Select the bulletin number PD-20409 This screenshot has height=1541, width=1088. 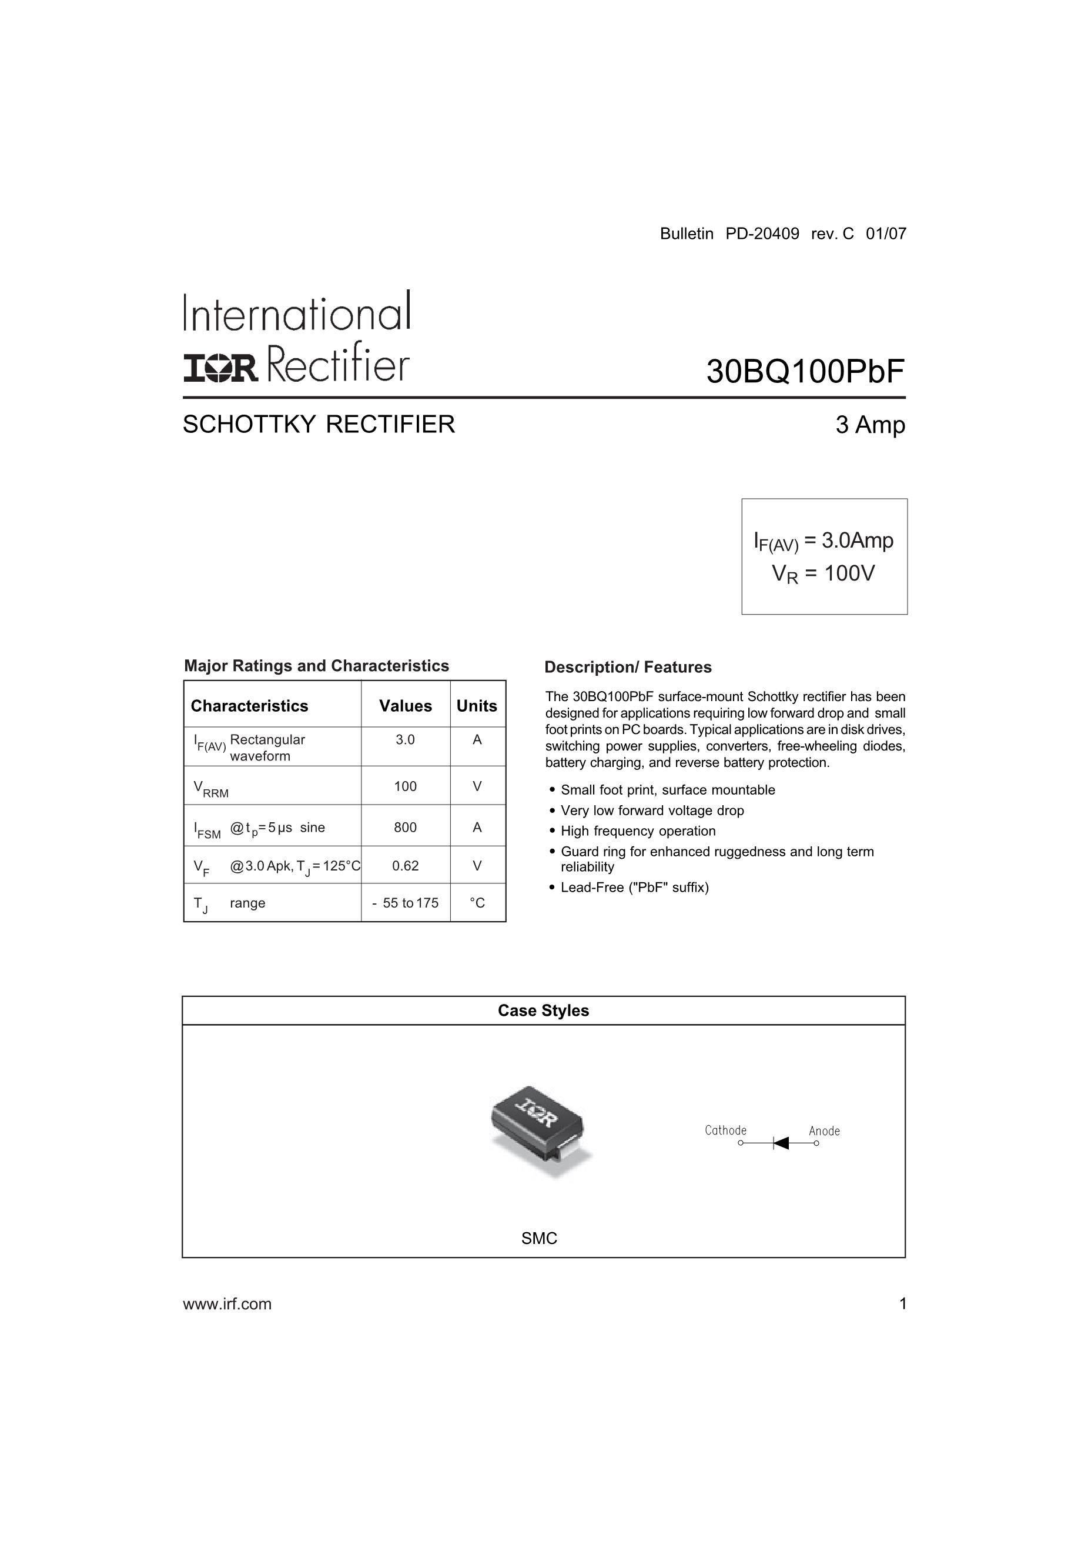coord(762,234)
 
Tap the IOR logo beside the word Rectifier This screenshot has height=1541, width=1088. coord(220,368)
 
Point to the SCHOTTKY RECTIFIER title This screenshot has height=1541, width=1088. coord(319,424)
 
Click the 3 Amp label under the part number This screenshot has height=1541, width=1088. coord(870,425)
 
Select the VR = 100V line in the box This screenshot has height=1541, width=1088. coord(823,574)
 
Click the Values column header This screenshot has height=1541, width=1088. coord(405,705)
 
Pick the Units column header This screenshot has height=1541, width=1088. coord(476,705)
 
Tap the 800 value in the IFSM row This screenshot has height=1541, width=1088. coord(405,827)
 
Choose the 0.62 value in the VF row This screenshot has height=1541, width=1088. coord(405,866)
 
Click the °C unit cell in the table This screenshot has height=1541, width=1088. coord(477,903)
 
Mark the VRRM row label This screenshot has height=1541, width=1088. coord(210,788)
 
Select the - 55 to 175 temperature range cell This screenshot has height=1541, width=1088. coord(405,903)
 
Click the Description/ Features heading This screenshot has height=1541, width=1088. coord(627,667)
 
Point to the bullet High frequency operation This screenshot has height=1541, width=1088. coord(638,831)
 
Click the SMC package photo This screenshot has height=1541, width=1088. coord(541,1131)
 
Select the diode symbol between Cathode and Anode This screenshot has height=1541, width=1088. coord(780,1142)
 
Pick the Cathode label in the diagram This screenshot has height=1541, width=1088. coord(725,1130)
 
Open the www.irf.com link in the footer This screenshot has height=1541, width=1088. coord(227,1303)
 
